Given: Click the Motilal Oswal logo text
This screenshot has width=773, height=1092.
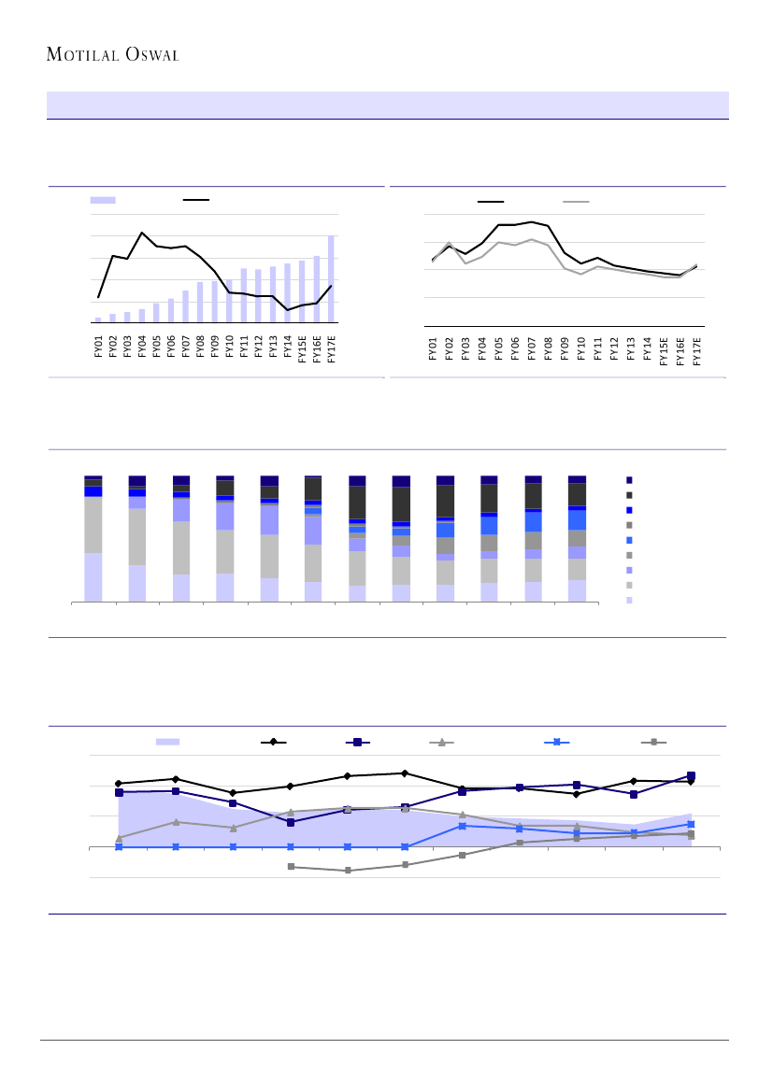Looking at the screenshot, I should tap(112, 54).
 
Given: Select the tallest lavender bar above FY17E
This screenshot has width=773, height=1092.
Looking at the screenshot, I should tap(332, 278).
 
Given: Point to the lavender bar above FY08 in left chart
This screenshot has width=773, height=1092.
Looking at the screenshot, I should tap(200, 302).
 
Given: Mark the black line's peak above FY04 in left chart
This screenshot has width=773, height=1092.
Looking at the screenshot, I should tap(142, 233).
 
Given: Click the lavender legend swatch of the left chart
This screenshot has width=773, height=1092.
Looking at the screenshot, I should tap(103, 200).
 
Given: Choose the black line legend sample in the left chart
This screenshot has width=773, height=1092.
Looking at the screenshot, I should tap(195, 200).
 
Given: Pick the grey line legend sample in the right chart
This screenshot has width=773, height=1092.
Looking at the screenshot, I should tap(576, 201).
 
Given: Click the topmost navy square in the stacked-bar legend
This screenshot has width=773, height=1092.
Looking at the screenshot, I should tap(629, 479).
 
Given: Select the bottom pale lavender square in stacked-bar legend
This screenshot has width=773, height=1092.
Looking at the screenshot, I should tap(629, 600).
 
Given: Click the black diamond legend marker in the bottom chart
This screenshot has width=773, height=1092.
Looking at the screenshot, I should tap(273, 742).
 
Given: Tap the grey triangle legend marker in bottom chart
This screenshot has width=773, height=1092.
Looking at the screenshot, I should tap(443, 742).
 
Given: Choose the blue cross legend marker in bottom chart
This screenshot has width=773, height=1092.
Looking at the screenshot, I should tap(556, 742).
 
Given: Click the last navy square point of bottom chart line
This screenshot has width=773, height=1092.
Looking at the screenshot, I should tap(691, 775).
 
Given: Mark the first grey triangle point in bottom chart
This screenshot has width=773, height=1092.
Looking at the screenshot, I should tap(119, 838).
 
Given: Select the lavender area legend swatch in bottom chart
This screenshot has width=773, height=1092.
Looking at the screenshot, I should tap(167, 742).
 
